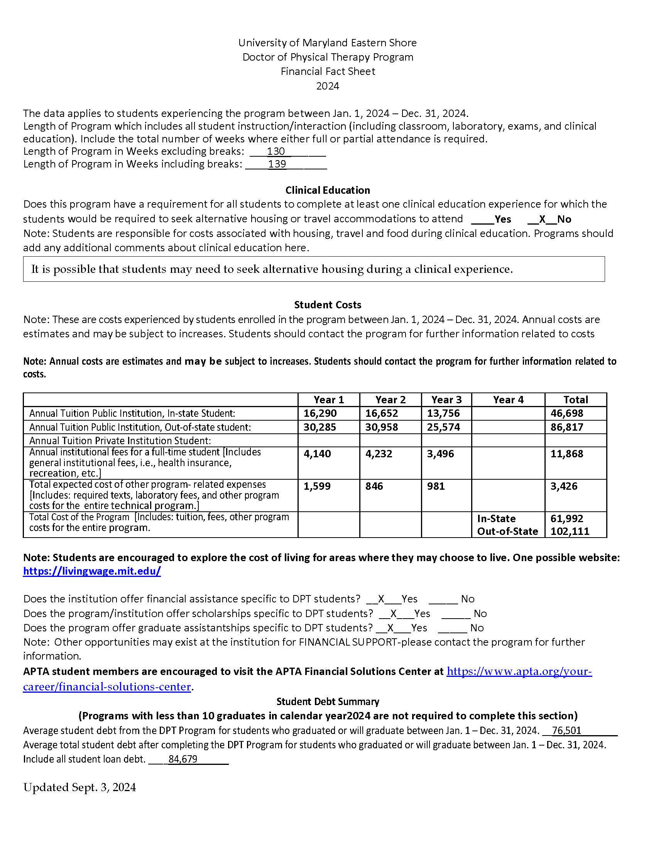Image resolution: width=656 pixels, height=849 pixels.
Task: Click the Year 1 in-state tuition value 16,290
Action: tap(320, 413)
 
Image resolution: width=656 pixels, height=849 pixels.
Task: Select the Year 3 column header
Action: tap(446, 400)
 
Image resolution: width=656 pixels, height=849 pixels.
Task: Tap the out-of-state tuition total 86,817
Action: tap(566, 427)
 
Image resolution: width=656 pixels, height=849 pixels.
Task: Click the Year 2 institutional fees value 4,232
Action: tap(379, 454)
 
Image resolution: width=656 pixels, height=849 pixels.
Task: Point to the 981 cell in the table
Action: tap(436, 486)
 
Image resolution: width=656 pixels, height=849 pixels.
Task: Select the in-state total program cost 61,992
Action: tap(566, 519)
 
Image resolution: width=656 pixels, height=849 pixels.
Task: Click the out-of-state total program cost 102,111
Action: tap(570, 531)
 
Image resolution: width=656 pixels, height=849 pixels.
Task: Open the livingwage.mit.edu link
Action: tap(92, 571)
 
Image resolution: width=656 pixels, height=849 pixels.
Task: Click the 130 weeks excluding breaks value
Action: tap(276, 151)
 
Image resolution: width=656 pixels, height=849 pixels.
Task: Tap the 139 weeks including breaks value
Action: tap(277, 164)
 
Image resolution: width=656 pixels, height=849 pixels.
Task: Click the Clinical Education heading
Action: tap(328, 190)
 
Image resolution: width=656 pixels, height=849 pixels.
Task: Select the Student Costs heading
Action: tap(328, 305)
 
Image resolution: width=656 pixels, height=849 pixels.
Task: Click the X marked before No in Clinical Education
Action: tap(542, 219)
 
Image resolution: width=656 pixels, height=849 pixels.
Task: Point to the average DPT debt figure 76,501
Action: tap(566, 731)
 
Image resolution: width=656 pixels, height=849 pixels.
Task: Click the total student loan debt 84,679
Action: tap(183, 759)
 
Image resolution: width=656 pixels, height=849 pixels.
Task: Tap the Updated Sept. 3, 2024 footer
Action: tap(79, 788)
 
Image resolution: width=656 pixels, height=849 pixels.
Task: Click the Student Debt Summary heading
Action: tap(328, 702)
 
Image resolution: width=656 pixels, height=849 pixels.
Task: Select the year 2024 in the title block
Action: tap(328, 86)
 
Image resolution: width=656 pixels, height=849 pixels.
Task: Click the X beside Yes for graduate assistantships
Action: tap(391, 628)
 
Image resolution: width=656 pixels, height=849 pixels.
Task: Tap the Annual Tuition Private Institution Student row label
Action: tap(120, 441)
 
